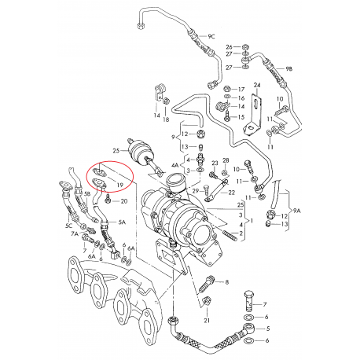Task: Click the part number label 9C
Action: click(211, 37)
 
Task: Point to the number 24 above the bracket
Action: click(256, 84)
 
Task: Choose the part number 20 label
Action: click(123, 202)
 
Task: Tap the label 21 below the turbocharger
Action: click(208, 321)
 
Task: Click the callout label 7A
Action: click(75, 234)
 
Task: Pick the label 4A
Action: click(175, 166)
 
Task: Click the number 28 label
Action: click(225, 161)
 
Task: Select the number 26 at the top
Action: click(230, 47)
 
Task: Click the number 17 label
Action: click(241, 88)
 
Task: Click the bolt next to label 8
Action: click(208, 281)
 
